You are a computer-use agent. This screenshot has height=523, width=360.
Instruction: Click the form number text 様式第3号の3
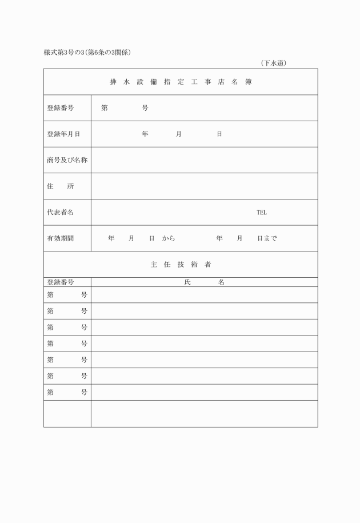click(x=63, y=53)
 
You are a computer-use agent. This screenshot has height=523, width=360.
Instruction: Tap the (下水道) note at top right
click(x=273, y=63)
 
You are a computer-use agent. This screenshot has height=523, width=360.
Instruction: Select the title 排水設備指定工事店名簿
click(x=181, y=82)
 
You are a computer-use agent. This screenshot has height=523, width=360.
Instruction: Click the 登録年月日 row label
click(x=63, y=134)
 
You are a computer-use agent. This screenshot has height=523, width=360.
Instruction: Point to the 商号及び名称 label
click(x=67, y=161)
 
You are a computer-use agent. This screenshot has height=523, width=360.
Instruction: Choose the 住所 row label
click(x=61, y=186)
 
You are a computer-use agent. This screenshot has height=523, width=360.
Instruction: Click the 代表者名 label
click(x=61, y=213)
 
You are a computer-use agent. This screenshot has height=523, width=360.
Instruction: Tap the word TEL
click(x=261, y=213)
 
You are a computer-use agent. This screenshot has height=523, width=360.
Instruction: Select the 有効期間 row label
click(x=61, y=239)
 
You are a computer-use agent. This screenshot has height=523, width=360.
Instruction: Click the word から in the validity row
click(x=168, y=239)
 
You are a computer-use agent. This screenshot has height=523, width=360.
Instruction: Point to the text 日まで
click(x=267, y=239)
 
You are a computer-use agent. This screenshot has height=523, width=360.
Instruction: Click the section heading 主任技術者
click(x=181, y=265)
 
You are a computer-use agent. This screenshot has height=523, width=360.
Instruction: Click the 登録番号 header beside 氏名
click(x=61, y=282)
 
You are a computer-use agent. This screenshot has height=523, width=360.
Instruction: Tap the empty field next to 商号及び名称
click(x=204, y=161)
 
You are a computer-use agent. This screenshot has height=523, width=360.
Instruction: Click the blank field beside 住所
click(x=204, y=186)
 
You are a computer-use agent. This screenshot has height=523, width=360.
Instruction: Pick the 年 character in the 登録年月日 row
click(x=145, y=134)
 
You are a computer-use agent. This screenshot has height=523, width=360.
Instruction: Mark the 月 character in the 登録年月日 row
click(x=179, y=134)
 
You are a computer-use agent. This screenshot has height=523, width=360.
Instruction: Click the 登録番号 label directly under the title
click(x=61, y=108)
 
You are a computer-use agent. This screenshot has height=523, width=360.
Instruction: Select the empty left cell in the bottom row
click(x=67, y=414)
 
